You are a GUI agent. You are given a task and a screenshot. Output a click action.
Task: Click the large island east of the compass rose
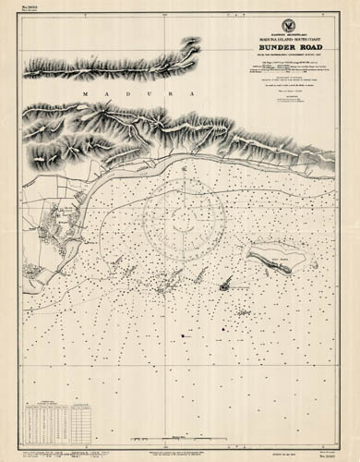[x=271, y=256]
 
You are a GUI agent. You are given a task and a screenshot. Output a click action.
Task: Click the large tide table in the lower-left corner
[x=48, y=415]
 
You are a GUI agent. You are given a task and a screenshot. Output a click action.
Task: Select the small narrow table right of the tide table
[x=84, y=415]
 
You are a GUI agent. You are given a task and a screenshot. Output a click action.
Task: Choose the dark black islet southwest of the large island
[x=224, y=286]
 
